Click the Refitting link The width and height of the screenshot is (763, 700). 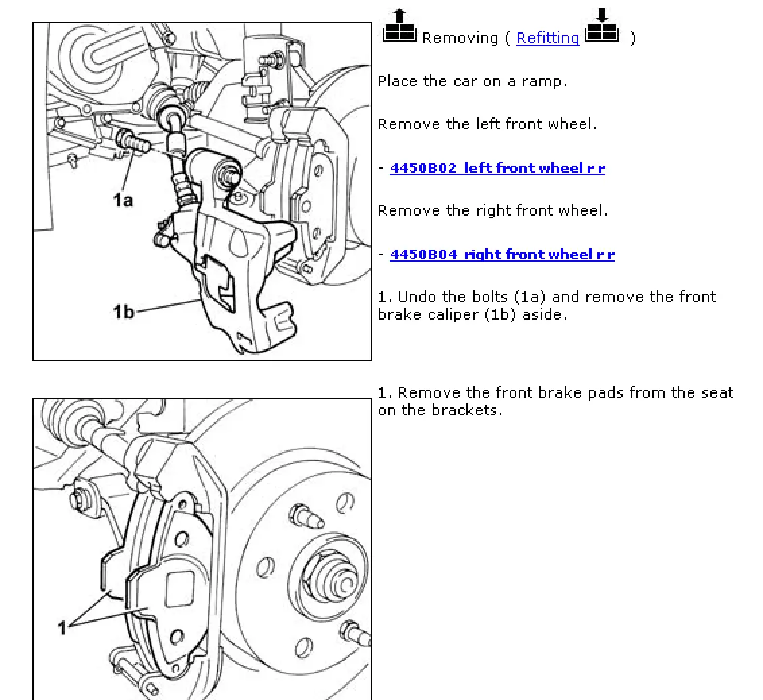point(547,38)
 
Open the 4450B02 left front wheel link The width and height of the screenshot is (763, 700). point(497,168)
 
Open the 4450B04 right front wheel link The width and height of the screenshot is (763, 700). point(502,254)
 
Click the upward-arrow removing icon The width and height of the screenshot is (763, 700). point(400,26)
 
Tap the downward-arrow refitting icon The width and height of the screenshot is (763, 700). point(602,26)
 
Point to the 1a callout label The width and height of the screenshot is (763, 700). point(123,200)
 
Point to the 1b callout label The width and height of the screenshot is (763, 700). point(123,312)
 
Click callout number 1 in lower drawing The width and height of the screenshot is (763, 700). point(63,628)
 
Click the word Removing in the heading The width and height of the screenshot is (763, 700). point(460,38)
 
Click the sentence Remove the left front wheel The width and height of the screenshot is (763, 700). point(487,125)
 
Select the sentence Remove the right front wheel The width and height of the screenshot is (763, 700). point(493,211)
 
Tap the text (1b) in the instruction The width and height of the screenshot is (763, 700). point(503,314)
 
